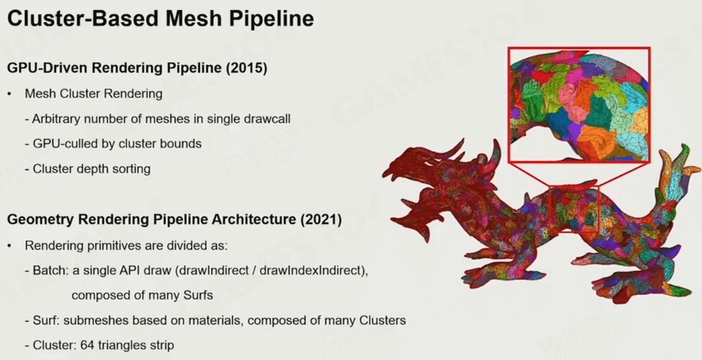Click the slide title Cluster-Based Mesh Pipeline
160,19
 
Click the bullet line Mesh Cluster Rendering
94,94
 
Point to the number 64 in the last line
87,346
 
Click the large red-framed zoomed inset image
578,104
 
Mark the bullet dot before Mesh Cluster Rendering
9,94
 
